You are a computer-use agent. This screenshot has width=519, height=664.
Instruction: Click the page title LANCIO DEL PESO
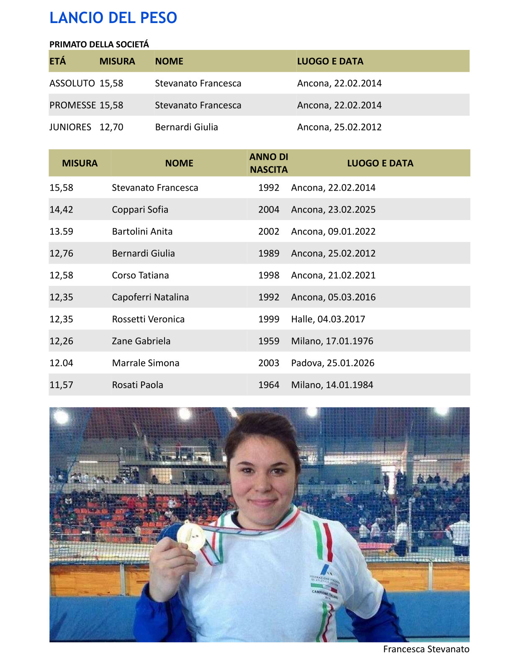point(113,18)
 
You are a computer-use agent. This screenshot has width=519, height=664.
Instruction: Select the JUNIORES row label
point(70,127)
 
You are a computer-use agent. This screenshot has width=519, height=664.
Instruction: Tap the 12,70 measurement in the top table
point(111,127)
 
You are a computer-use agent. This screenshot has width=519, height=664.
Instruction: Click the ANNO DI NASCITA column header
point(269,163)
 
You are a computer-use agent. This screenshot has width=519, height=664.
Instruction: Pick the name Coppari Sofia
point(140,210)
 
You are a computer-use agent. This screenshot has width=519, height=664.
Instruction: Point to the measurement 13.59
point(61,231)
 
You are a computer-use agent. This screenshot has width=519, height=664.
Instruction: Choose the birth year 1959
point(269,341)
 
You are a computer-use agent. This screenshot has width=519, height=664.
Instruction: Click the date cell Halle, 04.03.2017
point(328,319)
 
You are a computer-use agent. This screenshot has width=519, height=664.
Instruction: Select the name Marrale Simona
point(145,363)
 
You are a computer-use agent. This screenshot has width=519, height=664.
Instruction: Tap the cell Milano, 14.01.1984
point(332,385)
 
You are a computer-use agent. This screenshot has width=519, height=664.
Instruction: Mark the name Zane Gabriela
point(141,341)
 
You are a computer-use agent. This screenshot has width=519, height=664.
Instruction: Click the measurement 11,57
point(61,385)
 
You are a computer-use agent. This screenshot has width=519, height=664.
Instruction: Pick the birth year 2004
point(269,210)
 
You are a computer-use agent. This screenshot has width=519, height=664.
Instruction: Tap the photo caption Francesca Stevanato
point(426,649)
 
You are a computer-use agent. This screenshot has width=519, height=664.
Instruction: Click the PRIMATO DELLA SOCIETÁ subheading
point(99,44)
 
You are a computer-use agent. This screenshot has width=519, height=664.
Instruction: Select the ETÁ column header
point(58,61)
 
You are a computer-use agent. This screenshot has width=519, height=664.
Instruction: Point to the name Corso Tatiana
point(140,275)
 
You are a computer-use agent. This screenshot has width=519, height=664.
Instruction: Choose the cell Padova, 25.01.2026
point(333,363)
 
